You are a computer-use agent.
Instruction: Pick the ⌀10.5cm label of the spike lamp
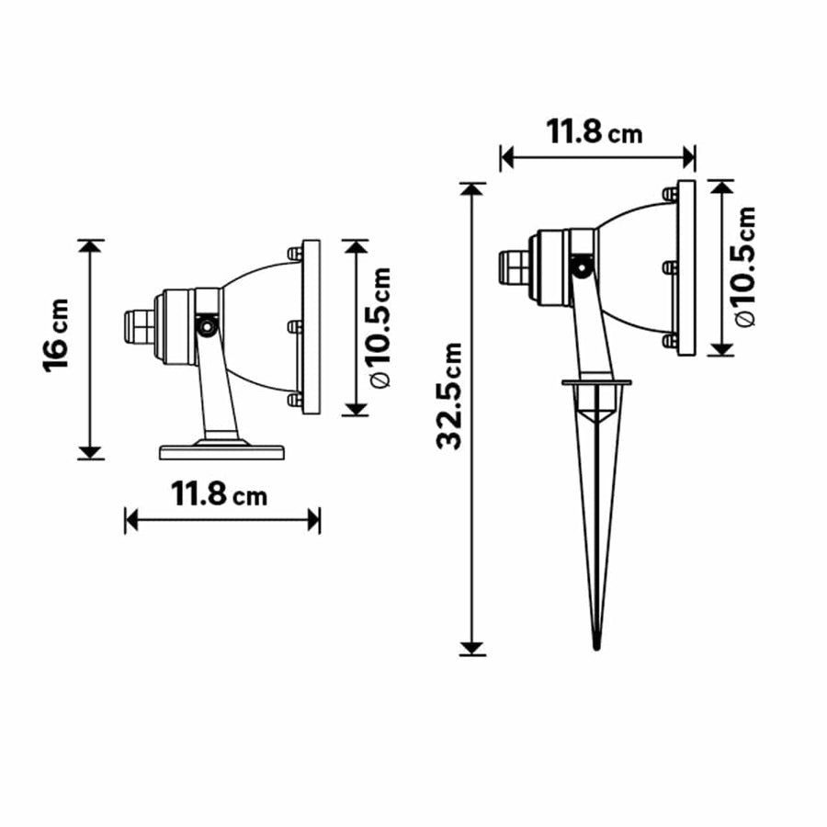click(x=745, y=266)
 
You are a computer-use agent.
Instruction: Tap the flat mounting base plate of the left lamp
click(x=221, y=451)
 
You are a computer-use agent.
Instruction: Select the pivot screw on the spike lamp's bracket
click(x=581, y=267)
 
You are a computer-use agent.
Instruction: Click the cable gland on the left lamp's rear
click(x=138, y=325)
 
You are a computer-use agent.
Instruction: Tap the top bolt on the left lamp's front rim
click(x=295, y=253)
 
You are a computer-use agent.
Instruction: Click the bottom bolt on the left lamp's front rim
click(x=295, y=400)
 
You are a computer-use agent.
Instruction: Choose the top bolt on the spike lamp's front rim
click(x=670, y=195)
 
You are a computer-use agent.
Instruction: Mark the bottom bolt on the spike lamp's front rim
click(x=670, y=341)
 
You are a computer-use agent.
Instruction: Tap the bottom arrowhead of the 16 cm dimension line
click(x=90, y=451)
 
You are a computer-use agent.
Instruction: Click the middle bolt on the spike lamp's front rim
click(x=670, y=267)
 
